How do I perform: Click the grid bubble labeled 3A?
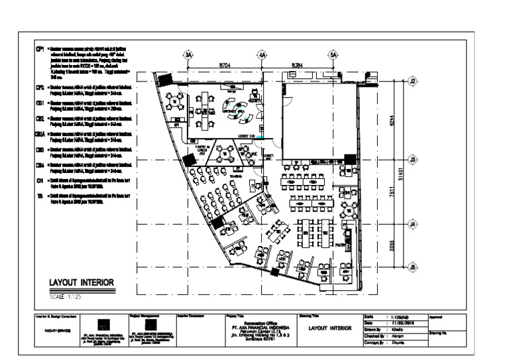tap(188, 56)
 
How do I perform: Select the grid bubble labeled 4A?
tap(262, 56)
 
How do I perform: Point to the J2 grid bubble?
tap(412, 81)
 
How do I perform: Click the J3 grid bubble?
tap(412, 160)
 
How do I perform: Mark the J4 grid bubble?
tap(412, 224)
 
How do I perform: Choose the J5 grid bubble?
tap(412, 267)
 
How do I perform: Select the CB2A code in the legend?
tap(39, 135)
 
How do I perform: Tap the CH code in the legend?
tap(39, 180)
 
